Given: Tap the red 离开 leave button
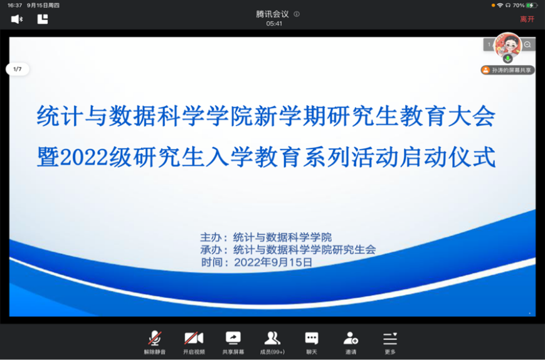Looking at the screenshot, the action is (x=527, y=19).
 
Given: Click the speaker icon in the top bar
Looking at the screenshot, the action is (x=17, y=19).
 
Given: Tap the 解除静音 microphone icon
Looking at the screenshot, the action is (x=155, y=338).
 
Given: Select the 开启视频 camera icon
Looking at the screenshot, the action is (x=194, y=338).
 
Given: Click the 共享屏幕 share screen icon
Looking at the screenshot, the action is (x=233, y=338).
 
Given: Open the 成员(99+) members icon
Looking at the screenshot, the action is (x=272, y=338).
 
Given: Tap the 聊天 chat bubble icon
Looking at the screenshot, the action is (x=312, y=338).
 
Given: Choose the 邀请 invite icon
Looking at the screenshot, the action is (x=351, y=338).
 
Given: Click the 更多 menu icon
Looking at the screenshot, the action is (x=390, y=339).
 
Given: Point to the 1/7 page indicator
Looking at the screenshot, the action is (x=18, y=69).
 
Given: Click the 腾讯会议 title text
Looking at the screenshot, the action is (x=272, y=14).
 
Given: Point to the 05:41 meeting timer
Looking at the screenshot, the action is (x=274, y=24).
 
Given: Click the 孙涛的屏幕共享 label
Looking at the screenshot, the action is (x=508, y=70).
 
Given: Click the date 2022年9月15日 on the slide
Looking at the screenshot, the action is (x=273, y=262).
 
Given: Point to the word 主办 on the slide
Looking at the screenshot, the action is (x=211, y=238).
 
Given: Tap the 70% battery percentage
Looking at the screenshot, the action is (x=519, y=5).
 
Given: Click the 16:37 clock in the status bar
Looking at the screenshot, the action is (x=14, y=5).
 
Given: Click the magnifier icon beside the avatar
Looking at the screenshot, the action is (x=527, y=45).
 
